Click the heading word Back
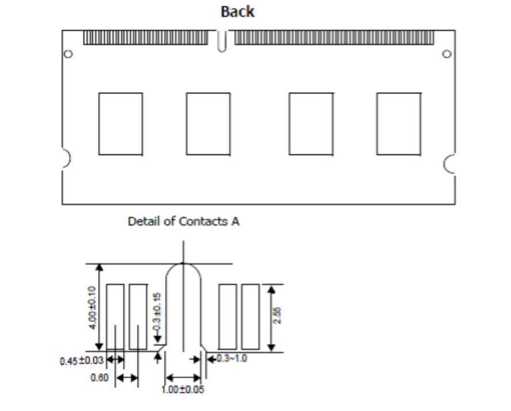click(238, 12)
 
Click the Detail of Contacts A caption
click(184, 222)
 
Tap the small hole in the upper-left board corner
click(68, 54)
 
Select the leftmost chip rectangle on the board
click(120, 124)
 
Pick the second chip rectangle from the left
click(208, 124)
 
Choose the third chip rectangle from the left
click(311, 124)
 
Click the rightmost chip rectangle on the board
click(398, 124)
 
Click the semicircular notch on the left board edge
click(65, 157)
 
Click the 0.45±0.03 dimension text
click(81, 361)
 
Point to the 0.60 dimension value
click(99, 378)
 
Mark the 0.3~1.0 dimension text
click(231, 359)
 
